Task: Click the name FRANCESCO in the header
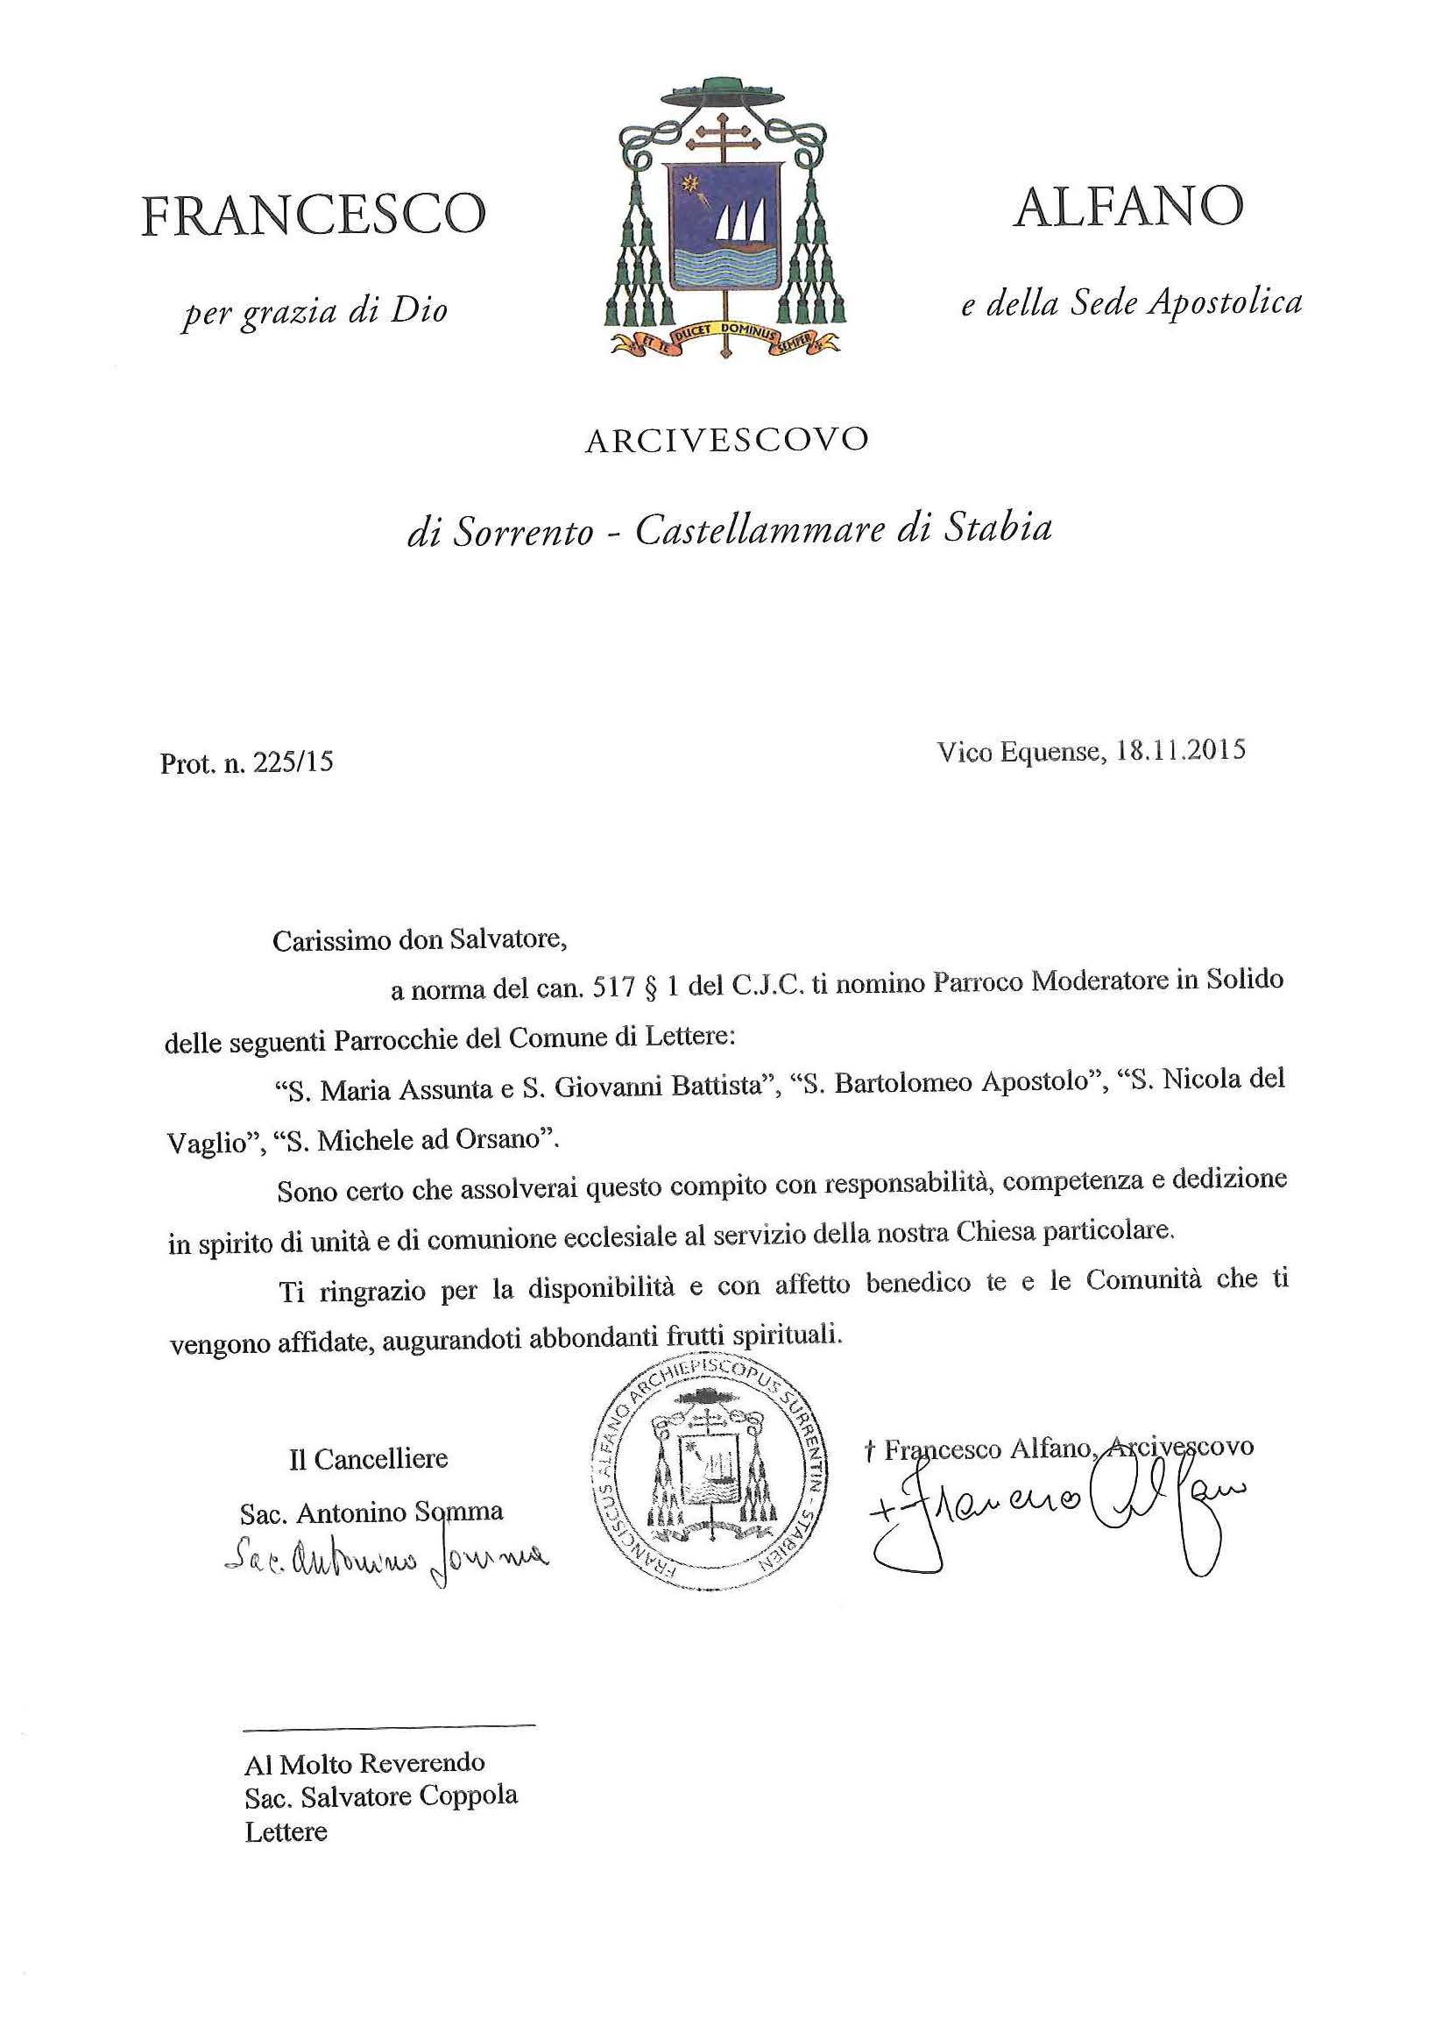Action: point(313,215)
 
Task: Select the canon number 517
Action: point(614,988)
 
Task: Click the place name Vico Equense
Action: point(1017,753)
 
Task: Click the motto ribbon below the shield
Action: point(725,336)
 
